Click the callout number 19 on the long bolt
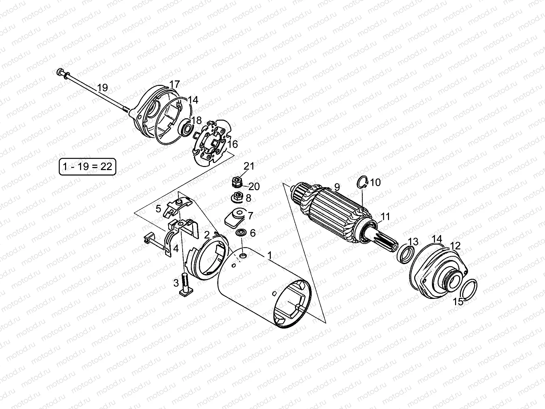102,88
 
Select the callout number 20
254,186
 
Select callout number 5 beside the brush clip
158,209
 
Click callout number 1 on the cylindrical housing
269,255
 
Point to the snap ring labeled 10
363,183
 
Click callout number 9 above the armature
337,187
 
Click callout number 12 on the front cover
455,246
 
